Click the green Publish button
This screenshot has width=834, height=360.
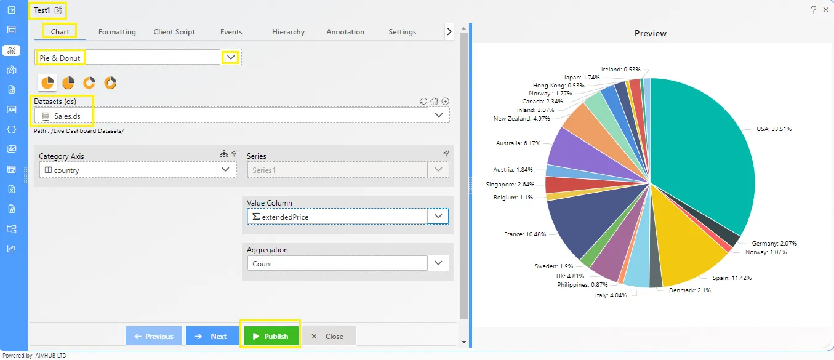click(x=271, y=336)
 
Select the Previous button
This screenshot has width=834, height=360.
click(x=154, y=336)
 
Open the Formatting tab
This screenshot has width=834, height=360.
click(x=117, y=32)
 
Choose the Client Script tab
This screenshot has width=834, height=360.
click(x=174, y=32)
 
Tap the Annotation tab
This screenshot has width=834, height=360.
click(x=345, y=32)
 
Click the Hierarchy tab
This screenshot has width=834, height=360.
click(x=288, y=32)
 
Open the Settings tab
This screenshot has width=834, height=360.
click(x=402, y=32)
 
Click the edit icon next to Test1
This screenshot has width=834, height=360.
click(x=58, y=10)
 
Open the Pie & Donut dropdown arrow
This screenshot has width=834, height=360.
click(x=230, y=58)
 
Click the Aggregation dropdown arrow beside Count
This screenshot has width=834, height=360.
click(x=438, y=263)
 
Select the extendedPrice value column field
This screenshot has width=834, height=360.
click(x=337, y=217)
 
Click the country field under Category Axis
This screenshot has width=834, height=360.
click(x=127, y=170)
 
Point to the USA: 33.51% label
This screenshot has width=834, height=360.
click(x=774, y=129)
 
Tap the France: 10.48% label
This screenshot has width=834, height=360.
click(x=525, y=234)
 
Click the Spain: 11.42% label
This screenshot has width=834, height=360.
click(x=732, y=278)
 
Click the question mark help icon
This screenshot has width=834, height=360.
click(x=814, y=10)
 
